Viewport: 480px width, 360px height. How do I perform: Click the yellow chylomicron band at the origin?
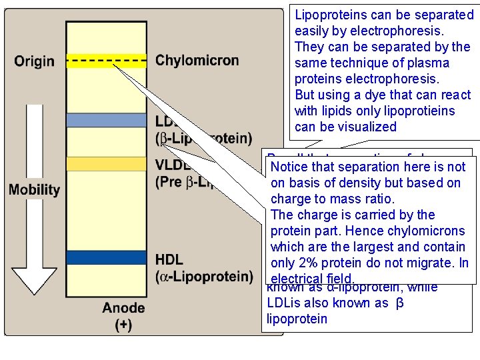coord(105,61)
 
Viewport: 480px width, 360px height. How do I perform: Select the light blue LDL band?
coord(105,120)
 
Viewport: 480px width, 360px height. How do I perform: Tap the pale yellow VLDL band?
coord(105,163)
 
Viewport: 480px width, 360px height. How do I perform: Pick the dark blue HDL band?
coord(105,257)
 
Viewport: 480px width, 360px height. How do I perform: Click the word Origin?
coord(34,61)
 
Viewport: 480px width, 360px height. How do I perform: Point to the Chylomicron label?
coord(197,61)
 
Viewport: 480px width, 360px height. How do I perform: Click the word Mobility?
coord(35,189)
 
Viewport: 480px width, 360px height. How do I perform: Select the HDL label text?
coord(169,259)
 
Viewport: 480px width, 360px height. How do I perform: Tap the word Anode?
coord(123,308)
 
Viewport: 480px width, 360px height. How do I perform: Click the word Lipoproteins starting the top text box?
coord(331,15)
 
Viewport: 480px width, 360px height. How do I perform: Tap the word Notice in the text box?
coord(290,167)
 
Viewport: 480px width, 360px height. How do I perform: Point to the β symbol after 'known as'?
coord(400,303)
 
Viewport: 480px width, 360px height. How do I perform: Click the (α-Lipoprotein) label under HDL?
coord(203,275)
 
